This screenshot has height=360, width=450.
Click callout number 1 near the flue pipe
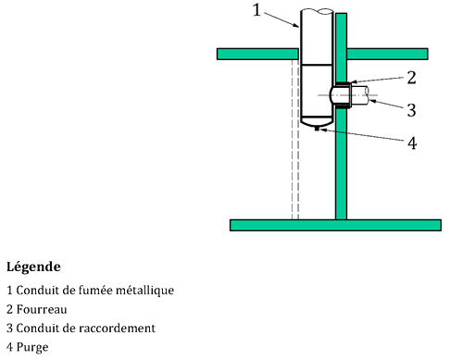pyautogui.click(x=256, y=10)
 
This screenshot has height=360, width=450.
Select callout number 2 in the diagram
pyautogui.click(x=411, y=78)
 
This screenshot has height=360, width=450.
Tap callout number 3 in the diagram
pyautogui.click(x=411, y=110)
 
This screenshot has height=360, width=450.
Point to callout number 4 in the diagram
pyautogui.click(x=412, y=143)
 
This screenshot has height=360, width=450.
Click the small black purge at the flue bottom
pyautogui.click(x=317, y=129)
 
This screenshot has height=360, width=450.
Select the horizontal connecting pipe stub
pyautogui.click(x=359, y=95)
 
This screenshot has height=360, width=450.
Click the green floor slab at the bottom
pyautogui.click(x=335, y=225)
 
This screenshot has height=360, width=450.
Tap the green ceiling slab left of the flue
pyautogui.click(x=257, y=54)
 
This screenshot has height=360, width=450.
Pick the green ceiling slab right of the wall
pyautogui.click(x=387, y=54)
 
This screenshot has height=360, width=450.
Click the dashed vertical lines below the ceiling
pyautogui.click(x=295, y=140)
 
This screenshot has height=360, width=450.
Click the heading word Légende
pyautogui.click(x=33, y=267)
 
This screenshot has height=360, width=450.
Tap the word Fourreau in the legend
pyautogui.click(x=42, y=309)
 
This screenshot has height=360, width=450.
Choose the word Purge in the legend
pyautogui.click(x=32, y=347)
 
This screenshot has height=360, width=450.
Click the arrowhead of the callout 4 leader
pyautogui.click(x=321, y=130)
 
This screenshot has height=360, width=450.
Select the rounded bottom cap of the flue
pyautogui.click(x=317, y=122)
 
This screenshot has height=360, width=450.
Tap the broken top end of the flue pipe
pyautogui.click(x=317, y=11)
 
